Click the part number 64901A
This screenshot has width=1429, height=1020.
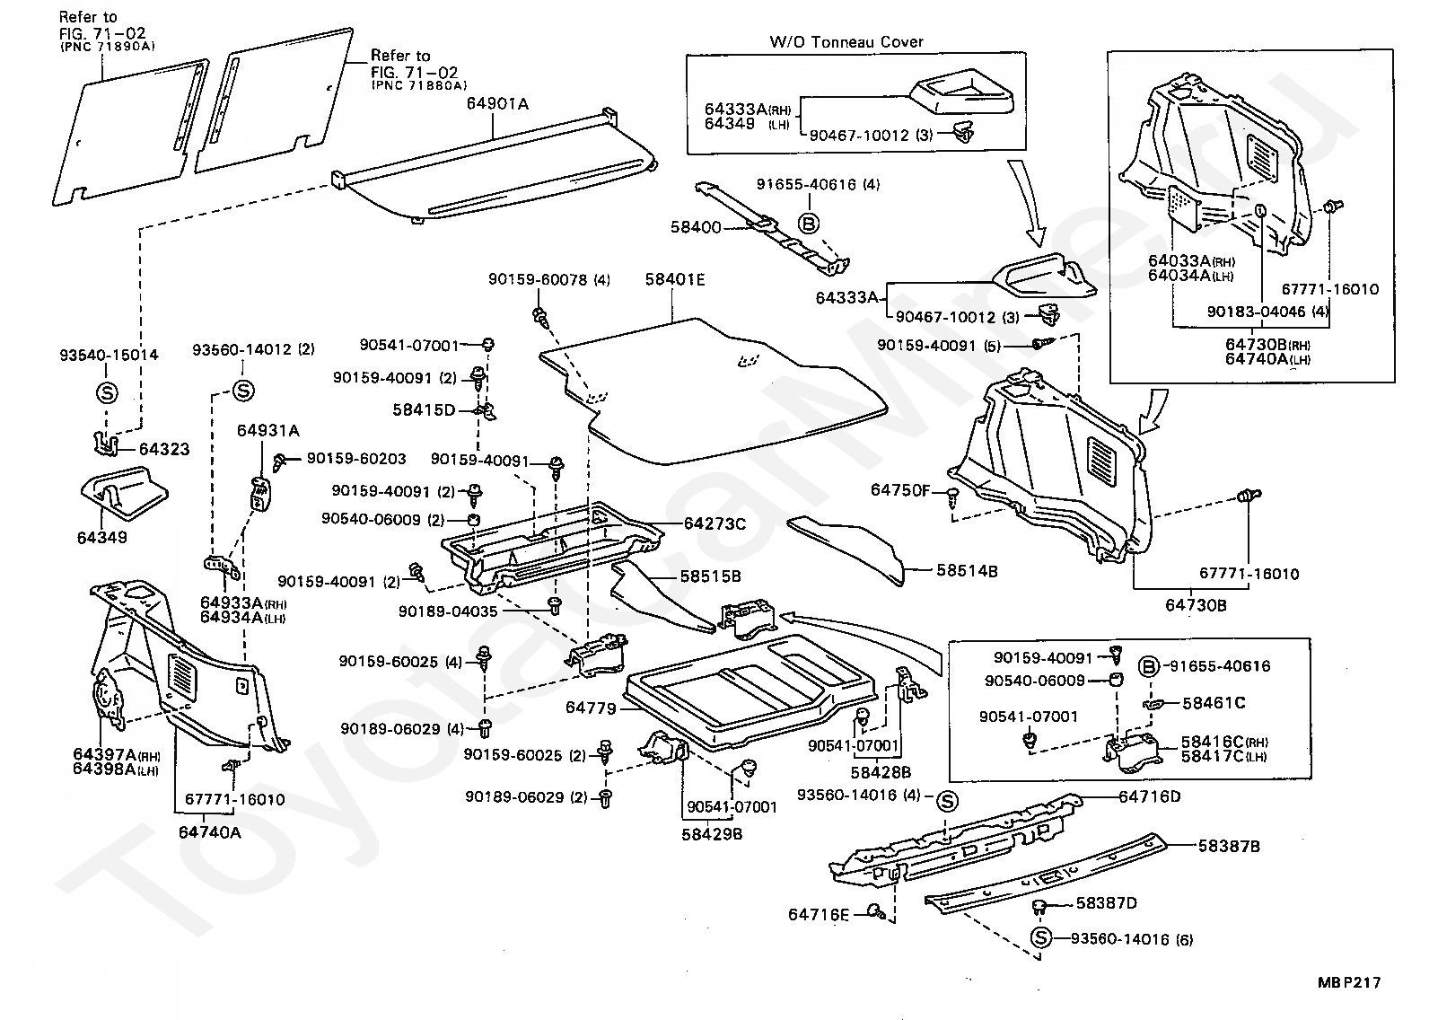(x=496, y=104)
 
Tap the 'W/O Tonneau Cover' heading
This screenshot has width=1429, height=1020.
(x=846, y=41)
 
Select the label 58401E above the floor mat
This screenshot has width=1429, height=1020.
(x=674, y=280)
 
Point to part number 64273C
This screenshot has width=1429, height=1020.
(x=714, y=523)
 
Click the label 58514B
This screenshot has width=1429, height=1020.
(x=967, y=570)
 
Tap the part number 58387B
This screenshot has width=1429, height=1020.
(x=1230, y=846)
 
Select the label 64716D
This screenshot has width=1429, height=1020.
(x=1150, y=796)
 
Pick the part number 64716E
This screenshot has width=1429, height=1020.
(x=819, y=915)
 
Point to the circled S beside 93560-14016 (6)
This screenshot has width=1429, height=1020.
(x=1040, y=939)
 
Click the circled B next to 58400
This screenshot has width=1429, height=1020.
(x=808, y=224)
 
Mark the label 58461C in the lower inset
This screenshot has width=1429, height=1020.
(x=1214, y=703)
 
